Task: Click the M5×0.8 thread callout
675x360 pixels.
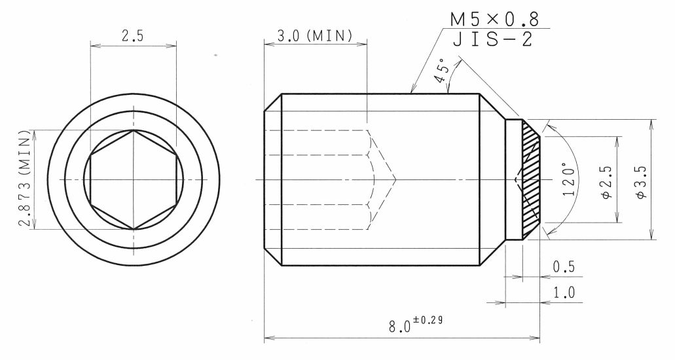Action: coord(494,20)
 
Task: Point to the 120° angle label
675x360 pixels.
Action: coord(569,179)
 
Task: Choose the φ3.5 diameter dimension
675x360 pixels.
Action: coord(641,179)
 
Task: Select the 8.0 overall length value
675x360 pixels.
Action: coord(399,327)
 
